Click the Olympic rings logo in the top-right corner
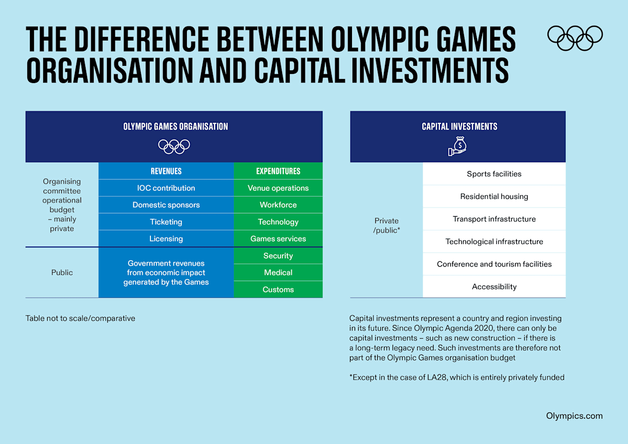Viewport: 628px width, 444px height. [575, 38]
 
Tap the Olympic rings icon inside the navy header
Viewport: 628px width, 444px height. [174, 146]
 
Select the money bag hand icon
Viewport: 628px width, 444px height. [457, 146]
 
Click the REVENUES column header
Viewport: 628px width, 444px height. [166, 171]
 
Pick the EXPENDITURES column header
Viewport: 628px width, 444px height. [278, 171]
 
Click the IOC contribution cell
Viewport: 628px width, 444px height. [166, 188]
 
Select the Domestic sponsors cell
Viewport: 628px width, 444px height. [166, 205]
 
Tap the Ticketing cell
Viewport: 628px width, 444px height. [166, 222]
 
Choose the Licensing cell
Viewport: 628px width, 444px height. [166, 238]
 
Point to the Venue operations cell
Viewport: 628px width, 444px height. [278, 188]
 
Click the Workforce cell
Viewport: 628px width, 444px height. [278, 205]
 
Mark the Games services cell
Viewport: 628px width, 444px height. [278, 238]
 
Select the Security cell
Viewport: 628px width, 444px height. [278, 256]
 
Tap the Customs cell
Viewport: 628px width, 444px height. [278, 290]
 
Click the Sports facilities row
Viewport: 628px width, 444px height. [494, 174]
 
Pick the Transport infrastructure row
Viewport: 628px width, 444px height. [494, 219]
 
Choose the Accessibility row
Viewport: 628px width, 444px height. [494, 287]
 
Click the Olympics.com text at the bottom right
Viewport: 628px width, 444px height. [574, 416]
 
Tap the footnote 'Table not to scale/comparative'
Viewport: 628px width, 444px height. [81, 318]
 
